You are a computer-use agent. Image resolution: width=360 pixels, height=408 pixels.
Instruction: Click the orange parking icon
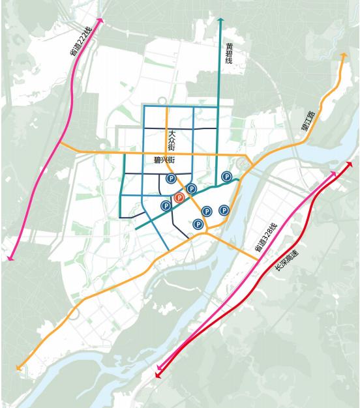(179, 197)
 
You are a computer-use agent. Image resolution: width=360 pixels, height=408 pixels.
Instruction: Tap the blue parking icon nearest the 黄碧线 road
(226, 176)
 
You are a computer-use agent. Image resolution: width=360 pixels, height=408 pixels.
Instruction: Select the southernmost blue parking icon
(198, 224)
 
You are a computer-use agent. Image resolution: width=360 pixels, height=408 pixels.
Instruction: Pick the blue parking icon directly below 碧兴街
(171, 179)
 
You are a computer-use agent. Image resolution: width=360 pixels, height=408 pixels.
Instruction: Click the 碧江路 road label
(308, 121)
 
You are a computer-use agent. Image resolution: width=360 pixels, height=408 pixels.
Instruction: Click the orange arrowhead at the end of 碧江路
(343, 57)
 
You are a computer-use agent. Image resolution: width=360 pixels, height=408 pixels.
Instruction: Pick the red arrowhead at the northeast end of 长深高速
(350, 164)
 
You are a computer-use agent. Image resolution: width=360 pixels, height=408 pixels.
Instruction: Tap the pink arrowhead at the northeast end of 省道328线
(335, 173)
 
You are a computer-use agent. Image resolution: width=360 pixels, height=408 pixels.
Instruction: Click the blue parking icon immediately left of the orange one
(165, 205)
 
